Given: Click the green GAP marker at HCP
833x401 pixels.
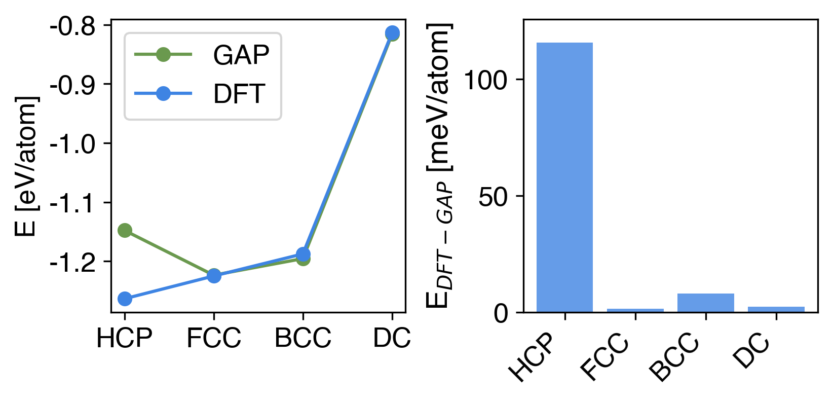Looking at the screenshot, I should [x=125, y=231].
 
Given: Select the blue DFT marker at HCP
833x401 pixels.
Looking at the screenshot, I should [x=125, y=299].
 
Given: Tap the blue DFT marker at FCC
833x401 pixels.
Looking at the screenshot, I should [x=214, y=276].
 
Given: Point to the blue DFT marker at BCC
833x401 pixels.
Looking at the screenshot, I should [x=303, y=254].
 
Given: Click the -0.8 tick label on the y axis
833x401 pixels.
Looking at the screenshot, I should [x=72, y=26].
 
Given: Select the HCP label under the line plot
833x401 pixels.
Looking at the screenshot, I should [x=125, y=338].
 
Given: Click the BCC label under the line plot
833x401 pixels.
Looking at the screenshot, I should [x=303, y=338].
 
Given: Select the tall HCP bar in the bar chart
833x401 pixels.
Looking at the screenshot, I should [x=564, y=177].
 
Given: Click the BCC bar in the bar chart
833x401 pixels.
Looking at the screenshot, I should [x=705, y=303].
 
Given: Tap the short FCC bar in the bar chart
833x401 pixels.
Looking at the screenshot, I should [x=635, y=310].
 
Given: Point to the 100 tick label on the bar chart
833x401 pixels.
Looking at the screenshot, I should [x=485, y=80].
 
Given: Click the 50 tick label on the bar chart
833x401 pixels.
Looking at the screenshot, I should [x=493, y=197].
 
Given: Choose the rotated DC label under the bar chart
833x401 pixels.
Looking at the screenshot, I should [x=752, y=352].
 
